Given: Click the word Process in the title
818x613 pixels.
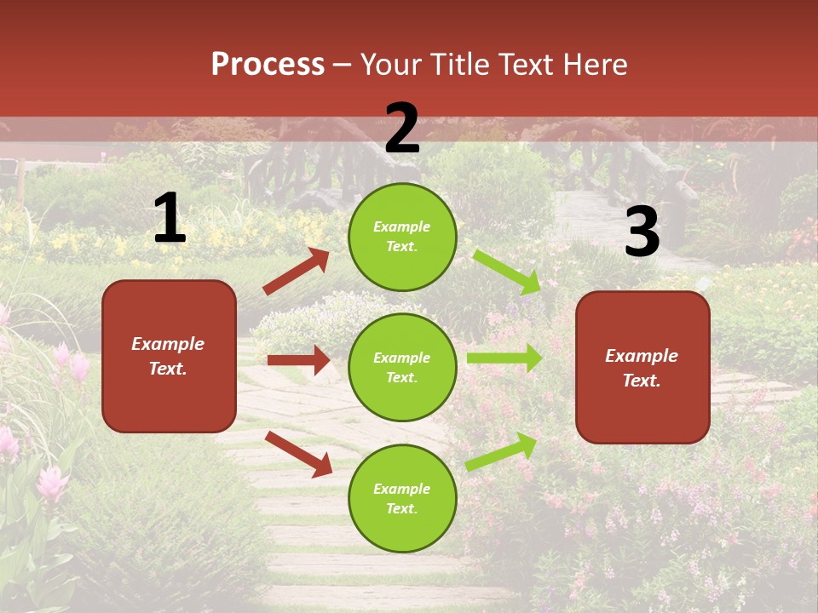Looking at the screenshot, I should tap(268, 65).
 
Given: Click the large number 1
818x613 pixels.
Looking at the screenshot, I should tap(170, 219).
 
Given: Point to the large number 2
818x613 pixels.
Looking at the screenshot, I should tap(402, 129).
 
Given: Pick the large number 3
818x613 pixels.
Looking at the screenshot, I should tap(642, 232).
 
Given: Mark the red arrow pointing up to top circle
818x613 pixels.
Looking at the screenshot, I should tap(297, 272).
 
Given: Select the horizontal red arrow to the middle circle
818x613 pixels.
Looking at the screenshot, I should tap(298, 360).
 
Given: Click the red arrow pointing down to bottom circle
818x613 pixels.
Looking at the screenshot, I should tap(298, 453).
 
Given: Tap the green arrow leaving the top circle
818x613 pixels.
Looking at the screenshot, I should tap(507, 272).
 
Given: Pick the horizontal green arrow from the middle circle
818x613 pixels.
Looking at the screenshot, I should tap(504, 358).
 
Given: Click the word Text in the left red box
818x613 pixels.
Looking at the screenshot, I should tap(168, 369).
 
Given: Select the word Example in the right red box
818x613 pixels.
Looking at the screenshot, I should tap(642, 356).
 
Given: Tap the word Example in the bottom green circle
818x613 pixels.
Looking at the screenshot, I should tap(402, 489).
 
